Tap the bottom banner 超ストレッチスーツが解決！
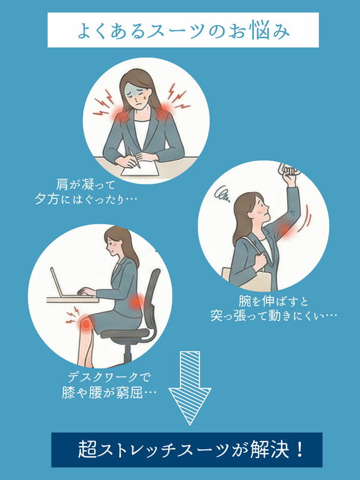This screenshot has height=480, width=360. (x=186, y=449)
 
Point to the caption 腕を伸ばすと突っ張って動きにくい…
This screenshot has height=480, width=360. (x=273, y=308)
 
